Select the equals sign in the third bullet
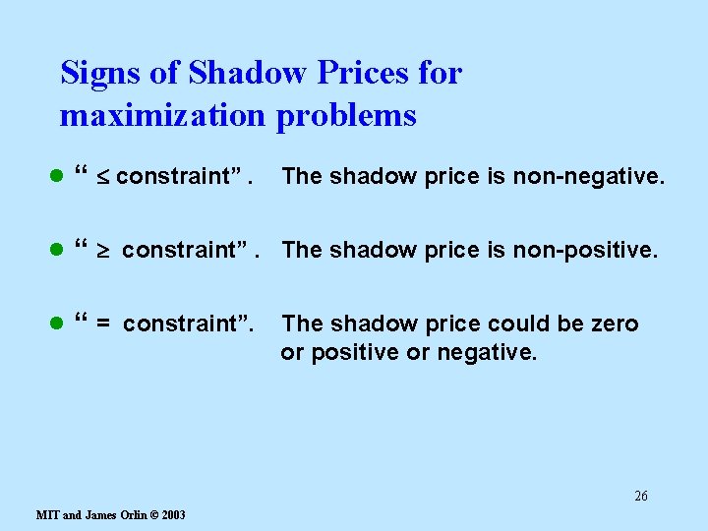[102, 324]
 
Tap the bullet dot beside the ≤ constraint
[57, 178]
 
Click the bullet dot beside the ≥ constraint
[57, 251]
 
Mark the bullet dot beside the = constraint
[57, 324]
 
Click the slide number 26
[640, 496]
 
